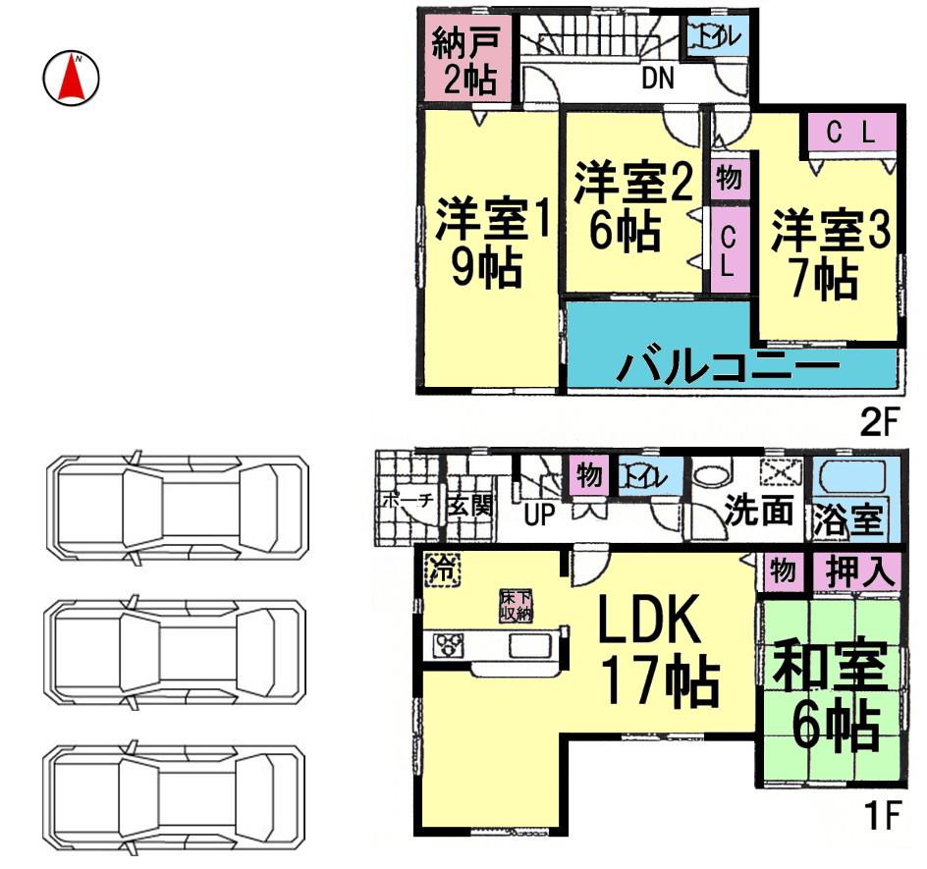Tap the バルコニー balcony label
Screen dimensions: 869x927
click(729, 366)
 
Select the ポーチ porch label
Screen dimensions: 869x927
click(407, 500)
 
